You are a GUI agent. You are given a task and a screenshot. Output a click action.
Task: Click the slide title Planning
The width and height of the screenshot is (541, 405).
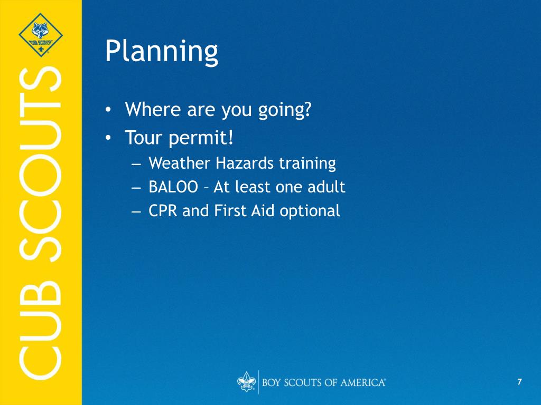pyautogui.click(x=162, y=52)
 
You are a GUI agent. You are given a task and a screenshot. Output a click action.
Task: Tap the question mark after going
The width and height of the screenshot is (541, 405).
pyautogui.click(x=307, y=109)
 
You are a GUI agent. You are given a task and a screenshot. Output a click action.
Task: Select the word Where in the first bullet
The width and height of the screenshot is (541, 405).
pyautogui.click(x=153, y=109)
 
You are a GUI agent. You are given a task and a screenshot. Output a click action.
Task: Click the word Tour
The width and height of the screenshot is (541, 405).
pyautogui.click(x=144, y=138)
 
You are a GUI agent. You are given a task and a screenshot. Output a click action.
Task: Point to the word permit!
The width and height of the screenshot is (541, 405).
pyautogui.click(x=201, y=138)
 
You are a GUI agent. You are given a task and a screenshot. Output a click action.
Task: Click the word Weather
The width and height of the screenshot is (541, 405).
pyautogui.click(x=179, y=163)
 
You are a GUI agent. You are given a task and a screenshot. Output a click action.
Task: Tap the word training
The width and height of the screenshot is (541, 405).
pyautogui.click(x=307, y=163)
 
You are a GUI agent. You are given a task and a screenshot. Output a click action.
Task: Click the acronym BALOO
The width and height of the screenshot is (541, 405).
pyautogui.click(x=173, y=187)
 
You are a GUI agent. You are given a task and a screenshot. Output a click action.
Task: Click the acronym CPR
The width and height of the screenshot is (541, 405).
pyautogui.click(x=163, y=211)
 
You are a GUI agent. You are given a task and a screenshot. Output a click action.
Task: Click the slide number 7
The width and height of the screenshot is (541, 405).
pyautogui.click(x=519, y=382)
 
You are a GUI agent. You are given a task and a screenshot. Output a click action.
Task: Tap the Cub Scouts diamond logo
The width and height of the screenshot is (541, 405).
pyautogui.click(x=41, y=35)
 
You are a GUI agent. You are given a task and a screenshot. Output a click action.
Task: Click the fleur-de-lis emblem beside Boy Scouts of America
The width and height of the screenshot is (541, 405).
pyautogui.click(x=246, y=382)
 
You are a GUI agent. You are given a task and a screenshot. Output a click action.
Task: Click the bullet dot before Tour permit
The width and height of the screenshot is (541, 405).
pyautogui.click(x=108, y=138)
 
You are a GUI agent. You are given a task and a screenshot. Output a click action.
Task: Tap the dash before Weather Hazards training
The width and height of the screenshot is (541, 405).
pyautogui.click(x=136, y=165)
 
